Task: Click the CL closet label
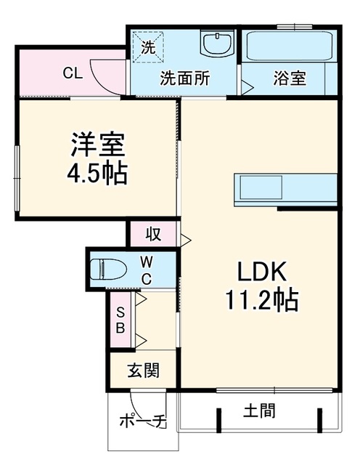tap(73, 73)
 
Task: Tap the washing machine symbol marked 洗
tap(148, 47)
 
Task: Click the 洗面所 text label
tap(185, 78)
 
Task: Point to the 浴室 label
tap(289, 78)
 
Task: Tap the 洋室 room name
tap(98, 145)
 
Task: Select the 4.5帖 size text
tap(97, 174)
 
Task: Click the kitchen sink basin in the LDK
tap(261, 187)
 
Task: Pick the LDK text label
tap(262, 272)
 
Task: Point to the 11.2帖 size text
tap(262, 300)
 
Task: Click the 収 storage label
tap(153, 234)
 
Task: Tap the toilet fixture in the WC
tap(108, 270)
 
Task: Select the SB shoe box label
tap(120, 320)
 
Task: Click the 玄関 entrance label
tap(144, 370)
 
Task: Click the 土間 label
tap(260, 411)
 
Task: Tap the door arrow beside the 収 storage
tap(186, 240)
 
